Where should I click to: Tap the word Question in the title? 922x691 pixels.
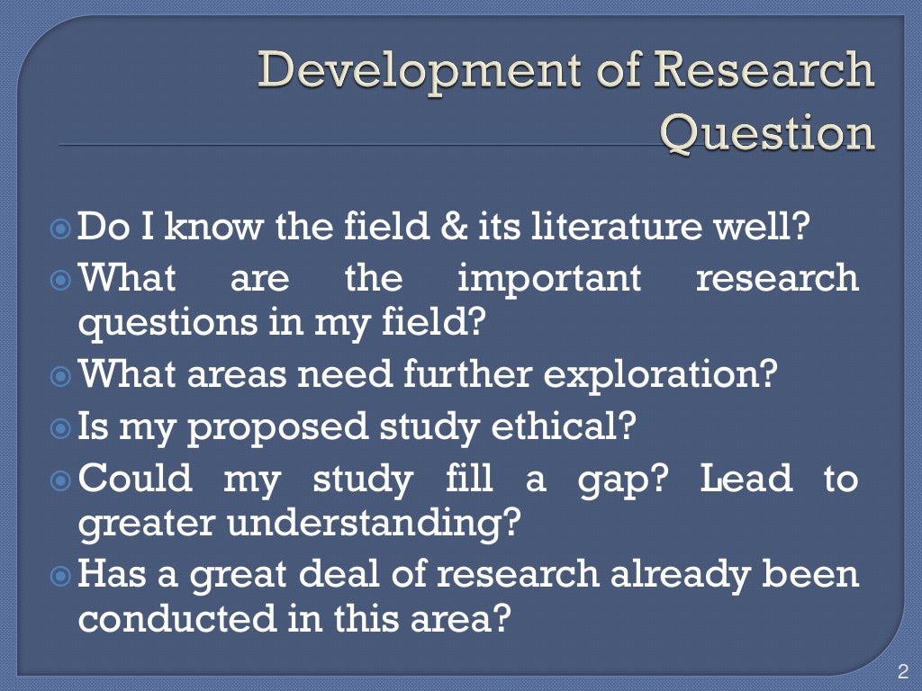tap(767, 133)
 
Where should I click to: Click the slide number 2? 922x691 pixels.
tap(903, 670)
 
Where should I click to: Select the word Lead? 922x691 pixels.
tap(746, 478)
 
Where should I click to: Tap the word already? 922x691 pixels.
tap(679, 575)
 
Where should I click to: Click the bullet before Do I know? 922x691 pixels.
tap(62, 227)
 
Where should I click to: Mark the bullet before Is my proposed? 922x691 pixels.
tap(62, 425)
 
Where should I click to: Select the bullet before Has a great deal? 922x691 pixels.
tap(62, 575)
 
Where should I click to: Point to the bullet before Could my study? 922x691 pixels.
tap(62, 478)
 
